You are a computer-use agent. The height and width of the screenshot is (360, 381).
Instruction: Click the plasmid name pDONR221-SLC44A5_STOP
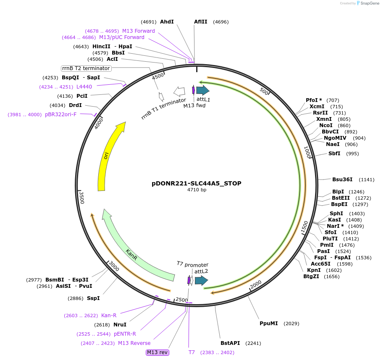(x=196, y=183)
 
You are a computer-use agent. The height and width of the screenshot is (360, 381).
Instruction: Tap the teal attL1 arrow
(x=202, y=90)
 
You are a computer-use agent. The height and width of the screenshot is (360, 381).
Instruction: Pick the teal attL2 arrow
(x=202, y=280)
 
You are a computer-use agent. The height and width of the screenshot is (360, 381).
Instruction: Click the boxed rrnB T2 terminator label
(x=86, y=68)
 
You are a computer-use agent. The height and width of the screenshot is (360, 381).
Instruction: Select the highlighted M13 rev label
(x=158, y=352)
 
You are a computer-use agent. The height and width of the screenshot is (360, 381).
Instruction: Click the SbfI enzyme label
(x=334, y=154)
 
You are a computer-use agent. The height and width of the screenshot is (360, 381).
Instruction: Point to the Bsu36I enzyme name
(x=342, y=180)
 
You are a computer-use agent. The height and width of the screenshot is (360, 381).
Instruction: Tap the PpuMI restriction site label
(x=268, y=323)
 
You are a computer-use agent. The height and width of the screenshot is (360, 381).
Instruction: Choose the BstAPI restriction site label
(x=230, y=343)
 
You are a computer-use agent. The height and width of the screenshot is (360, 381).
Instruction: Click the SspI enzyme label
(x=93, y=298)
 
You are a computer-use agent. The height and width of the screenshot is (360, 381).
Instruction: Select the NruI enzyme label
(x=120, y=325)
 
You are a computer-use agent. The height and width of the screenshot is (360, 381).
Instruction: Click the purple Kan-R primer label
(x=109, y=316)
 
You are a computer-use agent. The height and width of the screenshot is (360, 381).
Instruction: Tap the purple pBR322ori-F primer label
(x=60, y=115)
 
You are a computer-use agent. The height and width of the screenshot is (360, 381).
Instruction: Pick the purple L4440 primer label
(x=84, y=87)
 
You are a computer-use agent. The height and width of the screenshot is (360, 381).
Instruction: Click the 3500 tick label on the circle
(x=82, y=198)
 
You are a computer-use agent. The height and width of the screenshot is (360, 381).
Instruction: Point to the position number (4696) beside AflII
(x=221, y=22)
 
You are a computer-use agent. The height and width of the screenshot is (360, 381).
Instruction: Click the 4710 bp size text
(x=197, y=190)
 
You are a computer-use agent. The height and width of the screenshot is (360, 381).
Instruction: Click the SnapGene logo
(x=368, y=3)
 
